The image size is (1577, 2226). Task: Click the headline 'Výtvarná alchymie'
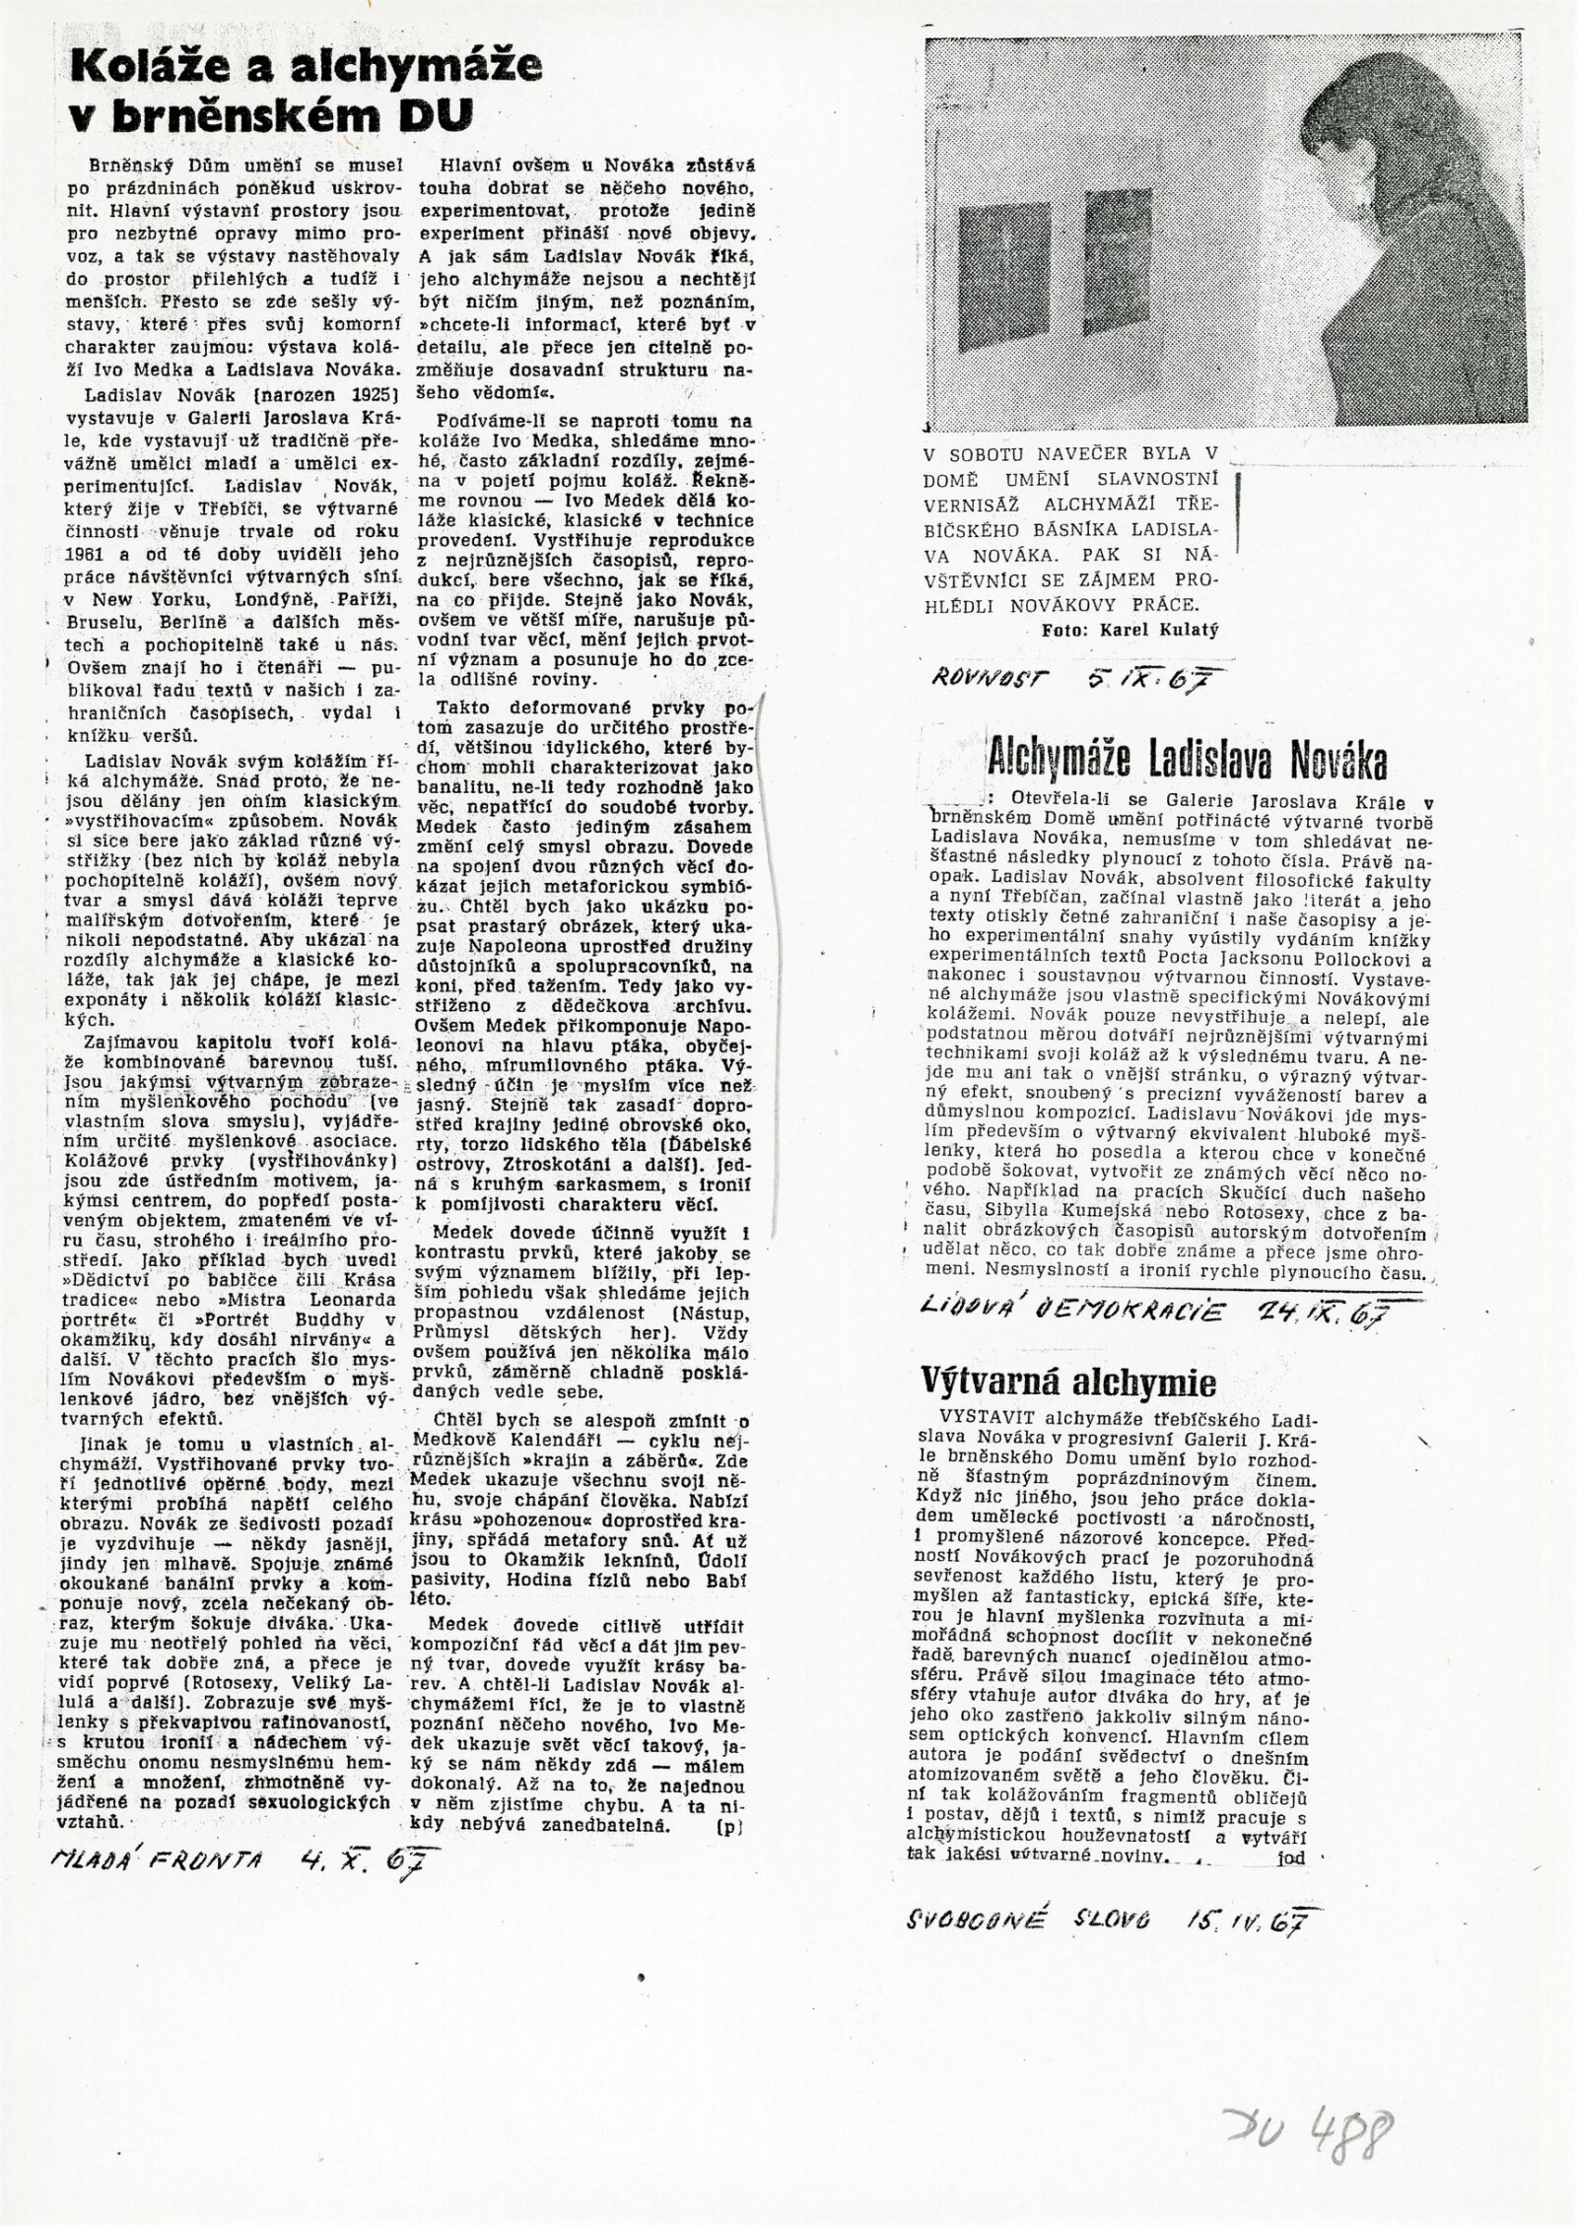(1067, 1383)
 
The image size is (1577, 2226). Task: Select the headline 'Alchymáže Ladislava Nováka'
(1187, 759)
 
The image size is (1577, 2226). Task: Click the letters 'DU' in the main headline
(434, 117)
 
